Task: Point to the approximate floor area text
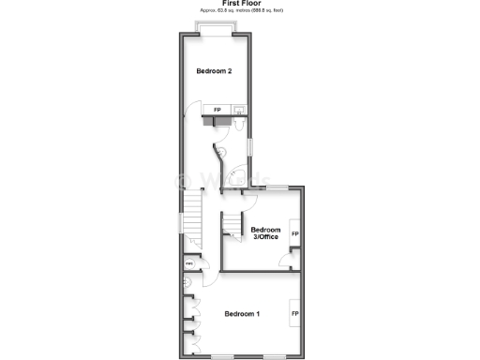240,11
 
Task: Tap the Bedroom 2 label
214,71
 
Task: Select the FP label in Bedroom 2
217,111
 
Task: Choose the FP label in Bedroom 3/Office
294,233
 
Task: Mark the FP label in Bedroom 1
294,313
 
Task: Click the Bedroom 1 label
242,313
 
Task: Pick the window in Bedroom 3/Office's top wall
277,188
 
